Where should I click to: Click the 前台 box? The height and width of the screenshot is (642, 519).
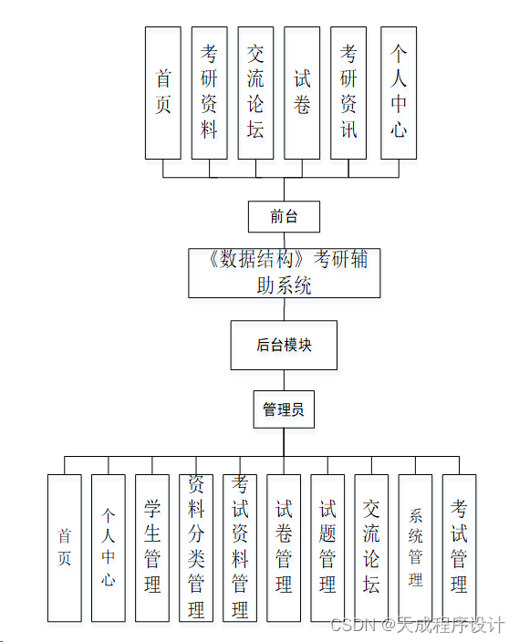tap(284, 217)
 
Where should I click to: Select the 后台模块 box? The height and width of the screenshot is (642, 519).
tap(284, 346)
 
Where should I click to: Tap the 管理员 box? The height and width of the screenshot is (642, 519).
tap(284, 409)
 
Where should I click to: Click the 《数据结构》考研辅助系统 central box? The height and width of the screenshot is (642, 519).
tap(284, 273)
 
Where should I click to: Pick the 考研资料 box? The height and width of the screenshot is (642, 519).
tap(210, 92)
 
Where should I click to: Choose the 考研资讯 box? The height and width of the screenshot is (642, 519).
tap(348, 92)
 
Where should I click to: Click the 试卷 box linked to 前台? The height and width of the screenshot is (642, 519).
tap(302, 92)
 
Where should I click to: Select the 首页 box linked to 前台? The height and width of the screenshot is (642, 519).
tap(163, 92)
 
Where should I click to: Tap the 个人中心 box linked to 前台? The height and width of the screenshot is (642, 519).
tap(398, 92)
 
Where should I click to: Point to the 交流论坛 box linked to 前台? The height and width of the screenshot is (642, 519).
tap(255, 92)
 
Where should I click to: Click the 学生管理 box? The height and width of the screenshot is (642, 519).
tap(151, 547)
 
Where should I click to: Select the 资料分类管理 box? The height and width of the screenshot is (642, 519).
tap(195, 547)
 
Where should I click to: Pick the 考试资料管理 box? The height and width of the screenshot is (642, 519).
tap(240, 547)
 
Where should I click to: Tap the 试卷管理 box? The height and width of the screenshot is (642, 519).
tap(284, 547)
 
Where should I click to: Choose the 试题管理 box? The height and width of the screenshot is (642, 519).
tap(327, 547)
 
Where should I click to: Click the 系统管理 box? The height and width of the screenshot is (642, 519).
tap(415, 547)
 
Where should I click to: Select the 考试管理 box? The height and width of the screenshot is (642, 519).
tap(459, 547)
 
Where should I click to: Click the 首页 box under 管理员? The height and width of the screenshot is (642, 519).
tap(64, 547)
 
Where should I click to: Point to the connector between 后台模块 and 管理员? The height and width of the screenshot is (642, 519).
tap(284, 380)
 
